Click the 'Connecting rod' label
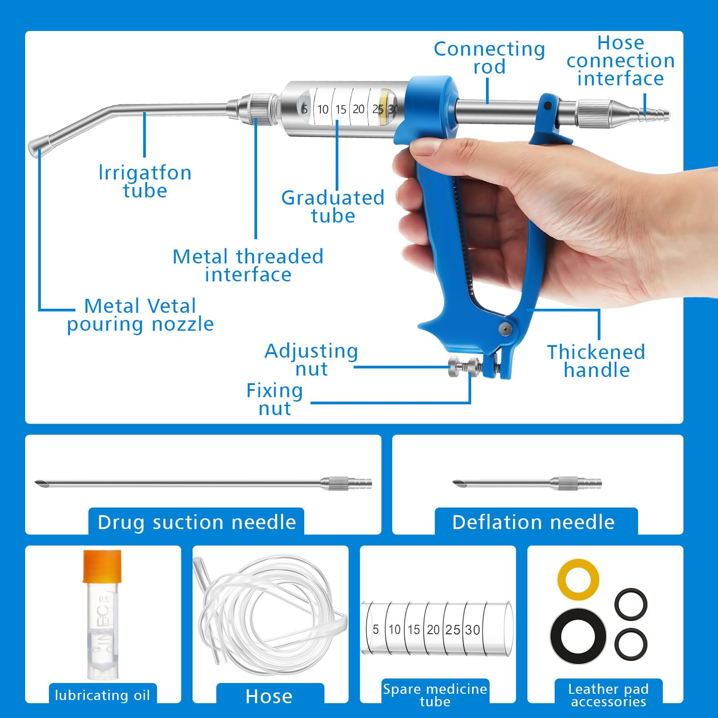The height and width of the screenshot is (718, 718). tap(490, 58)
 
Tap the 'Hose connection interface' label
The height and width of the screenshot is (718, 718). tap(621, 61)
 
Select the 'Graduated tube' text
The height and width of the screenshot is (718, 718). tap(333, 207)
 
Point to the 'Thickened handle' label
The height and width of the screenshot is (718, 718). tap(596, 361)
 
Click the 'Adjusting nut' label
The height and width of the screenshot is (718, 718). tap(311, 360)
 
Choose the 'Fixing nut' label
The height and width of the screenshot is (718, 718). tap(275, 399)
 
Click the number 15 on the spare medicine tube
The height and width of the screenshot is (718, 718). tap(413, 630)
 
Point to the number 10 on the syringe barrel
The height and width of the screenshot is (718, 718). tap(323, 109)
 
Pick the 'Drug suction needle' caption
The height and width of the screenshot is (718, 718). tap(197, 522)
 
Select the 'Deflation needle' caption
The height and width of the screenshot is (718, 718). tap(533, 522)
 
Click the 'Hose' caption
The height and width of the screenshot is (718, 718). tap(269, 696)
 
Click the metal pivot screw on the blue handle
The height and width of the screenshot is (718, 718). tap(504, 328)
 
